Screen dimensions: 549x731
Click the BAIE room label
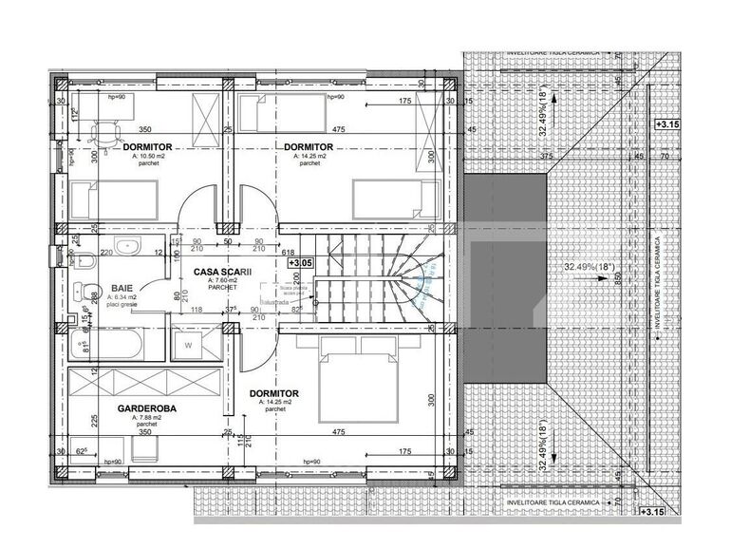coord(121,286)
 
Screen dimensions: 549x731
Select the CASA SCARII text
coord(223,272)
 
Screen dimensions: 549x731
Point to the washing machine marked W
coord(189,345)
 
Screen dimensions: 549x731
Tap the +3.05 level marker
coord(301,263)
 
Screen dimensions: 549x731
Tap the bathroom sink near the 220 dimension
coord(133,249)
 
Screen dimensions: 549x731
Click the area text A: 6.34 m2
coord(122,295)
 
